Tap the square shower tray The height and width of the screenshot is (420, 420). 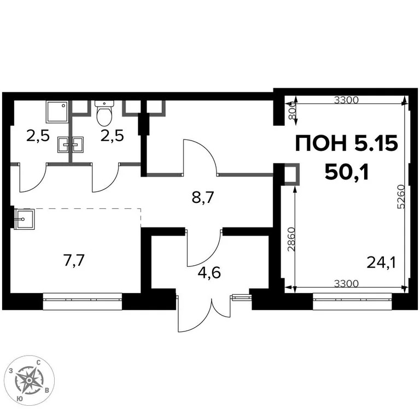(57, 112)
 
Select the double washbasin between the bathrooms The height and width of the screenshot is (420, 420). (71, 144)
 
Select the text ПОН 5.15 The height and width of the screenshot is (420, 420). (346, 144)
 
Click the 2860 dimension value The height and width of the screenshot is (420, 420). (290, 238)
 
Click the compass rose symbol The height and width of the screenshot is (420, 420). (29, 379)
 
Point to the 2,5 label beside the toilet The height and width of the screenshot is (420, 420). (111, 135)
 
